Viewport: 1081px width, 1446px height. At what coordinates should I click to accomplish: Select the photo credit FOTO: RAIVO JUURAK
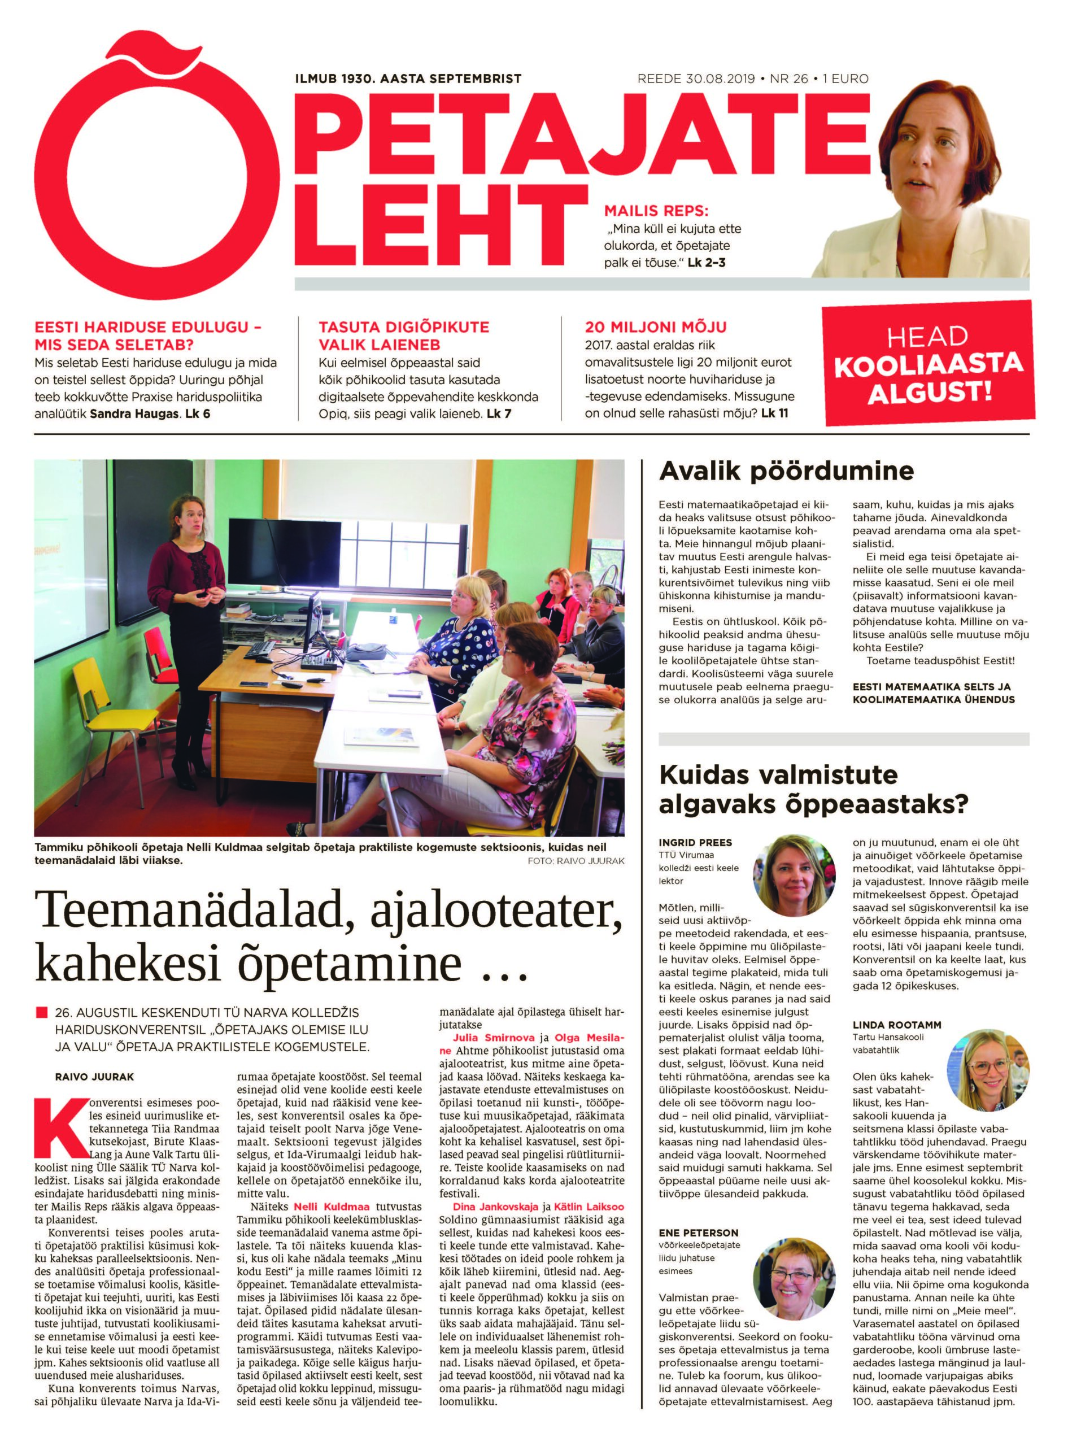click(x=575, y=861)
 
